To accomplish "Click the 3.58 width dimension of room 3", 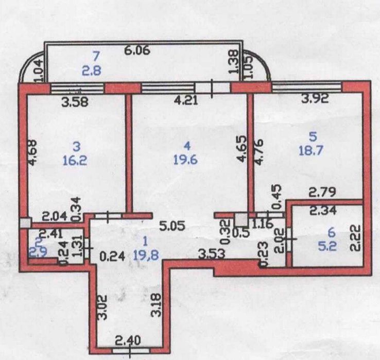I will click(x=75, y=102).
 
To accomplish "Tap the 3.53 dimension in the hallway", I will click(x=212, y=253).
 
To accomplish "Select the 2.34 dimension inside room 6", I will click(x=320, y=210).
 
